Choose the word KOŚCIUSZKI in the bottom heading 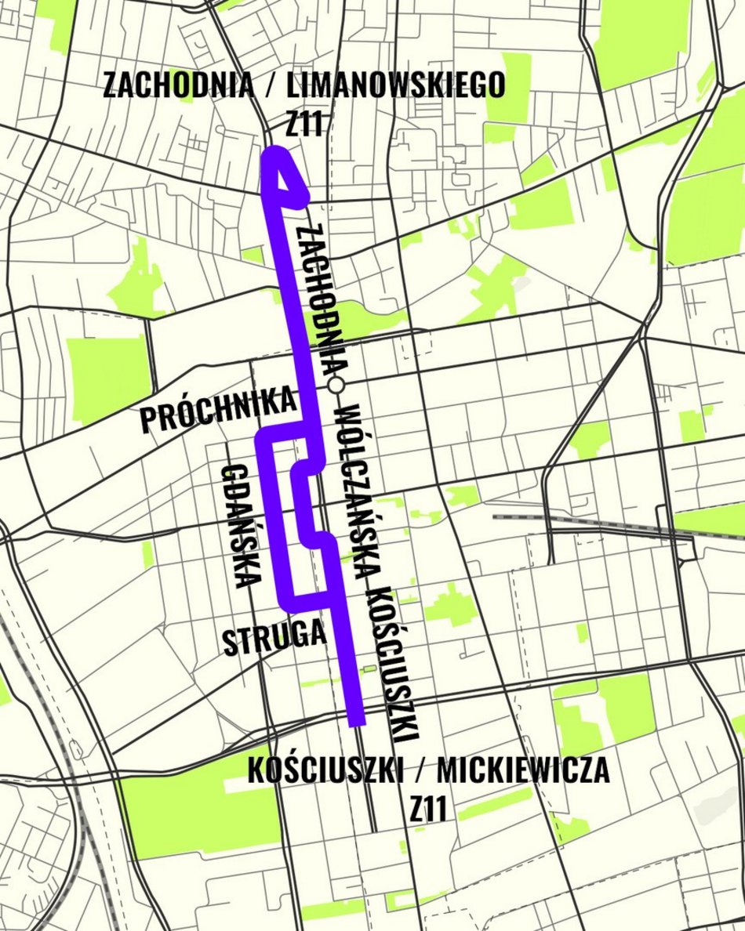tap(325, 771)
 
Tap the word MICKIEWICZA tap(523, 771)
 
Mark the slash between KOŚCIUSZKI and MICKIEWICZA tap(420, 771)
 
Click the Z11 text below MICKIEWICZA tap(428, 810)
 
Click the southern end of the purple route tap(356, 717)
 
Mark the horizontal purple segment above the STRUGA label tap(308, 601)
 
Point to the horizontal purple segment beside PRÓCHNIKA tap(286, 431)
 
